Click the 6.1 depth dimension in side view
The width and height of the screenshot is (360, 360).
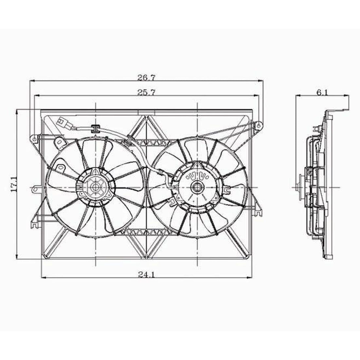click(322, 93)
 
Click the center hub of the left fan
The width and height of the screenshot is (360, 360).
click(96, 188)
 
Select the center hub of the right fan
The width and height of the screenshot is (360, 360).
click(197, 188)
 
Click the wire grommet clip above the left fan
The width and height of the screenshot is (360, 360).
click(95, 127)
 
